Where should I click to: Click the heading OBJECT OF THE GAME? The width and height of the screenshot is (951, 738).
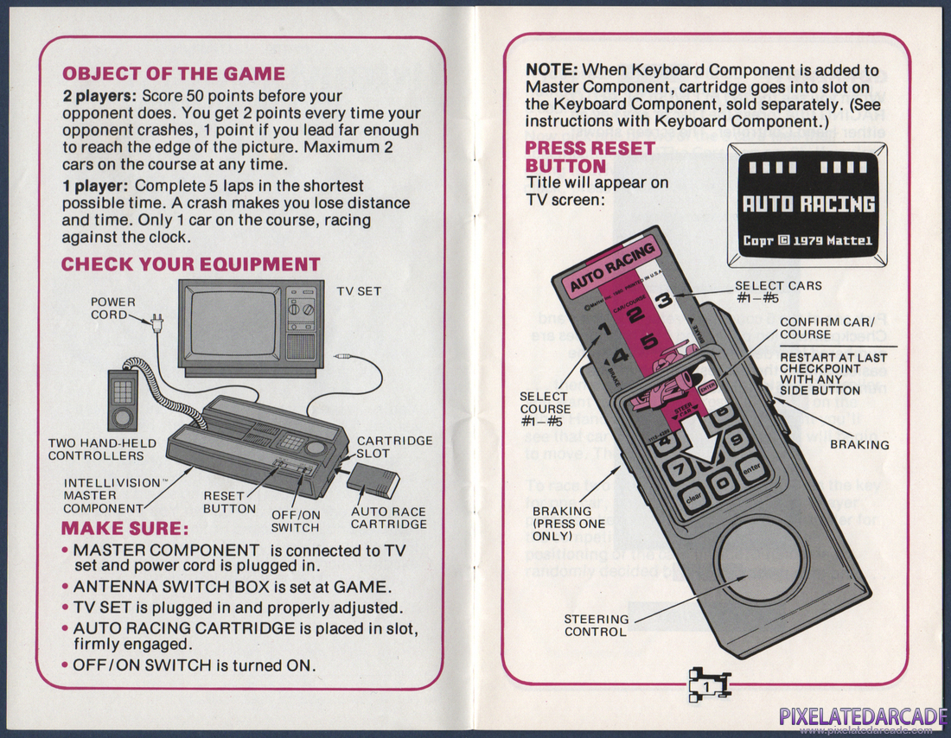pos(174,74)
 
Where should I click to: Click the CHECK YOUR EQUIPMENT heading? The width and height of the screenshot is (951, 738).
pos(190,264)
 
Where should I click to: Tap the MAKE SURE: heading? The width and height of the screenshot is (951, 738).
pos(124,528)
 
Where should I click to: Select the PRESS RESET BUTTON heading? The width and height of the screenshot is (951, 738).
pos(590,156)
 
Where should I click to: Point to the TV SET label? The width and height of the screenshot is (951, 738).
pos(359,292)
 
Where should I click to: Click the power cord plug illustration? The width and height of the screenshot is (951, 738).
pos(156,321)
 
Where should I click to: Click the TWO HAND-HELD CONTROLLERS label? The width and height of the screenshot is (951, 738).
pos(102,449)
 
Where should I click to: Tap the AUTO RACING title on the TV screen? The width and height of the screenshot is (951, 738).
pos(809,204)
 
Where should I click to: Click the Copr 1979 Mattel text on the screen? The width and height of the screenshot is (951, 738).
pos(809,240)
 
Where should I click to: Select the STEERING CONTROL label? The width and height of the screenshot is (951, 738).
pos(596,625)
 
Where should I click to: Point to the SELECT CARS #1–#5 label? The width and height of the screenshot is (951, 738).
pos(778,292)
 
